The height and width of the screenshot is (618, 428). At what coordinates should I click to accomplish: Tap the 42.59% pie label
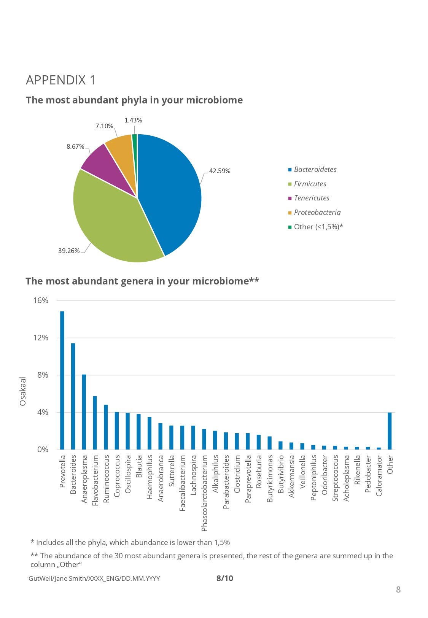coord(220,171)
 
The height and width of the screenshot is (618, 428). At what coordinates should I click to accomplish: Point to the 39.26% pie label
coord(69,251)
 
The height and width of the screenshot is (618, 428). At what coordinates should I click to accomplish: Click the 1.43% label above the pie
coord(133,121)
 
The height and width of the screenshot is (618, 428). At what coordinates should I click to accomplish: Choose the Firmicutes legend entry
coord(310,184)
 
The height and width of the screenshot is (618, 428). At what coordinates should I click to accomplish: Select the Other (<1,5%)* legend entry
coord(318,227)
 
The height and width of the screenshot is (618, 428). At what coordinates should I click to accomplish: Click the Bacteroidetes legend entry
coord(315,170)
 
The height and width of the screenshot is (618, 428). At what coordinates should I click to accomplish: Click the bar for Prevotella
coord(62,380)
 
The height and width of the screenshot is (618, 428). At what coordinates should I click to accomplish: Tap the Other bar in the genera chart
coord(390,431)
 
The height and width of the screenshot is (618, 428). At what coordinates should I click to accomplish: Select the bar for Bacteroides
coord(73,396)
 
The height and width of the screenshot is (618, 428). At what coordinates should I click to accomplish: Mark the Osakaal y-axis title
coord(23,391)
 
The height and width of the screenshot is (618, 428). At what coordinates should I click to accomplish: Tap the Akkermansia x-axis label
coord(291,476)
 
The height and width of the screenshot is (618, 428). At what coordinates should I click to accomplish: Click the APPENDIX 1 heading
coord(61,80)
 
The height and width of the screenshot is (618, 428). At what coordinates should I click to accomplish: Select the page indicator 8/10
coord(224,578)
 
